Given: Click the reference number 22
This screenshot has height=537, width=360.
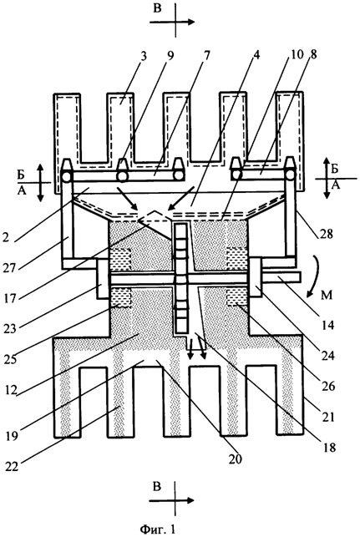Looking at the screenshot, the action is (13, 467).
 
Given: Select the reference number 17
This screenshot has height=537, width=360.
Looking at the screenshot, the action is (10, 297).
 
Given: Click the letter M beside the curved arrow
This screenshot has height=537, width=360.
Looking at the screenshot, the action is (327, 294).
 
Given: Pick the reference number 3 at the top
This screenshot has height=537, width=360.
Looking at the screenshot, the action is (144, 56).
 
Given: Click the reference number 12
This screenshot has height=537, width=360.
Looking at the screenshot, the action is (11, 390).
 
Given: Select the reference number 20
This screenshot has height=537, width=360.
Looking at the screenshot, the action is (236, 458).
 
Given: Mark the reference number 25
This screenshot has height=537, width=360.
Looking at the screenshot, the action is (12, 358).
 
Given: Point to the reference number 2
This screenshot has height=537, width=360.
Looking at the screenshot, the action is (6, 237).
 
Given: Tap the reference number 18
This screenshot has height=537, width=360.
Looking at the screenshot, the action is (330, 447).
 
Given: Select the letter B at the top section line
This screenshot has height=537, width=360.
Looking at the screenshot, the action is (157, 8).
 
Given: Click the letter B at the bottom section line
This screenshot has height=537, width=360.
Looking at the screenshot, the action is (157, 487).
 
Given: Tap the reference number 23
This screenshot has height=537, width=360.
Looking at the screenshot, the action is (11, 328).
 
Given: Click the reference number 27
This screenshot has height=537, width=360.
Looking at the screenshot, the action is (11, 267).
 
